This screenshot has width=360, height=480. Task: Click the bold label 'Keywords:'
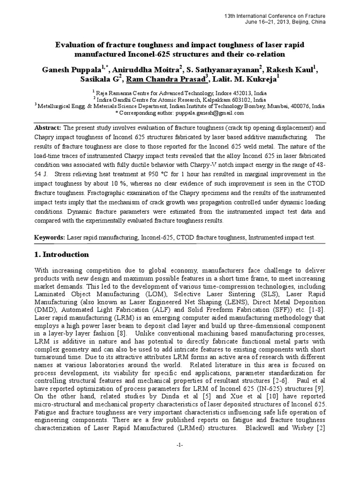click(x=50, y=238)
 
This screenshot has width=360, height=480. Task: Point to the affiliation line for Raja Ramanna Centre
click(x=180, y=93)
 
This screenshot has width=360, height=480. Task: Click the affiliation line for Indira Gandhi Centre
click(x=180, y=99)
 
